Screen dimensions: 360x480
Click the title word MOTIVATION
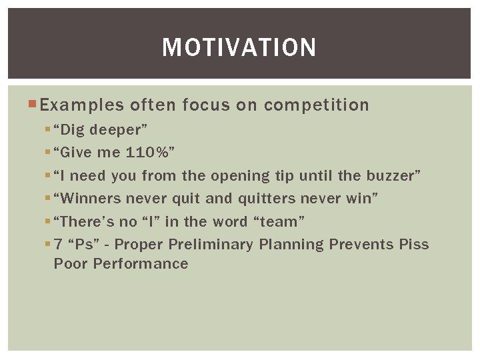coord(239,48)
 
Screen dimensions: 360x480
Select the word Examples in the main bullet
coord(81,105)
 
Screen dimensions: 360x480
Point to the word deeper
coord(122,130)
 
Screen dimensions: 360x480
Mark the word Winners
coord(89,198)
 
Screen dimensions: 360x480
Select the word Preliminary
coord(211,244)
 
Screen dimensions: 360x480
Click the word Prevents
coord(361,244)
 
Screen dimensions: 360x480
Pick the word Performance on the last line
coord(141,263)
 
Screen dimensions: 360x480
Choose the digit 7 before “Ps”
coord(58,244)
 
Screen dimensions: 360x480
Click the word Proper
coord(141,244)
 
